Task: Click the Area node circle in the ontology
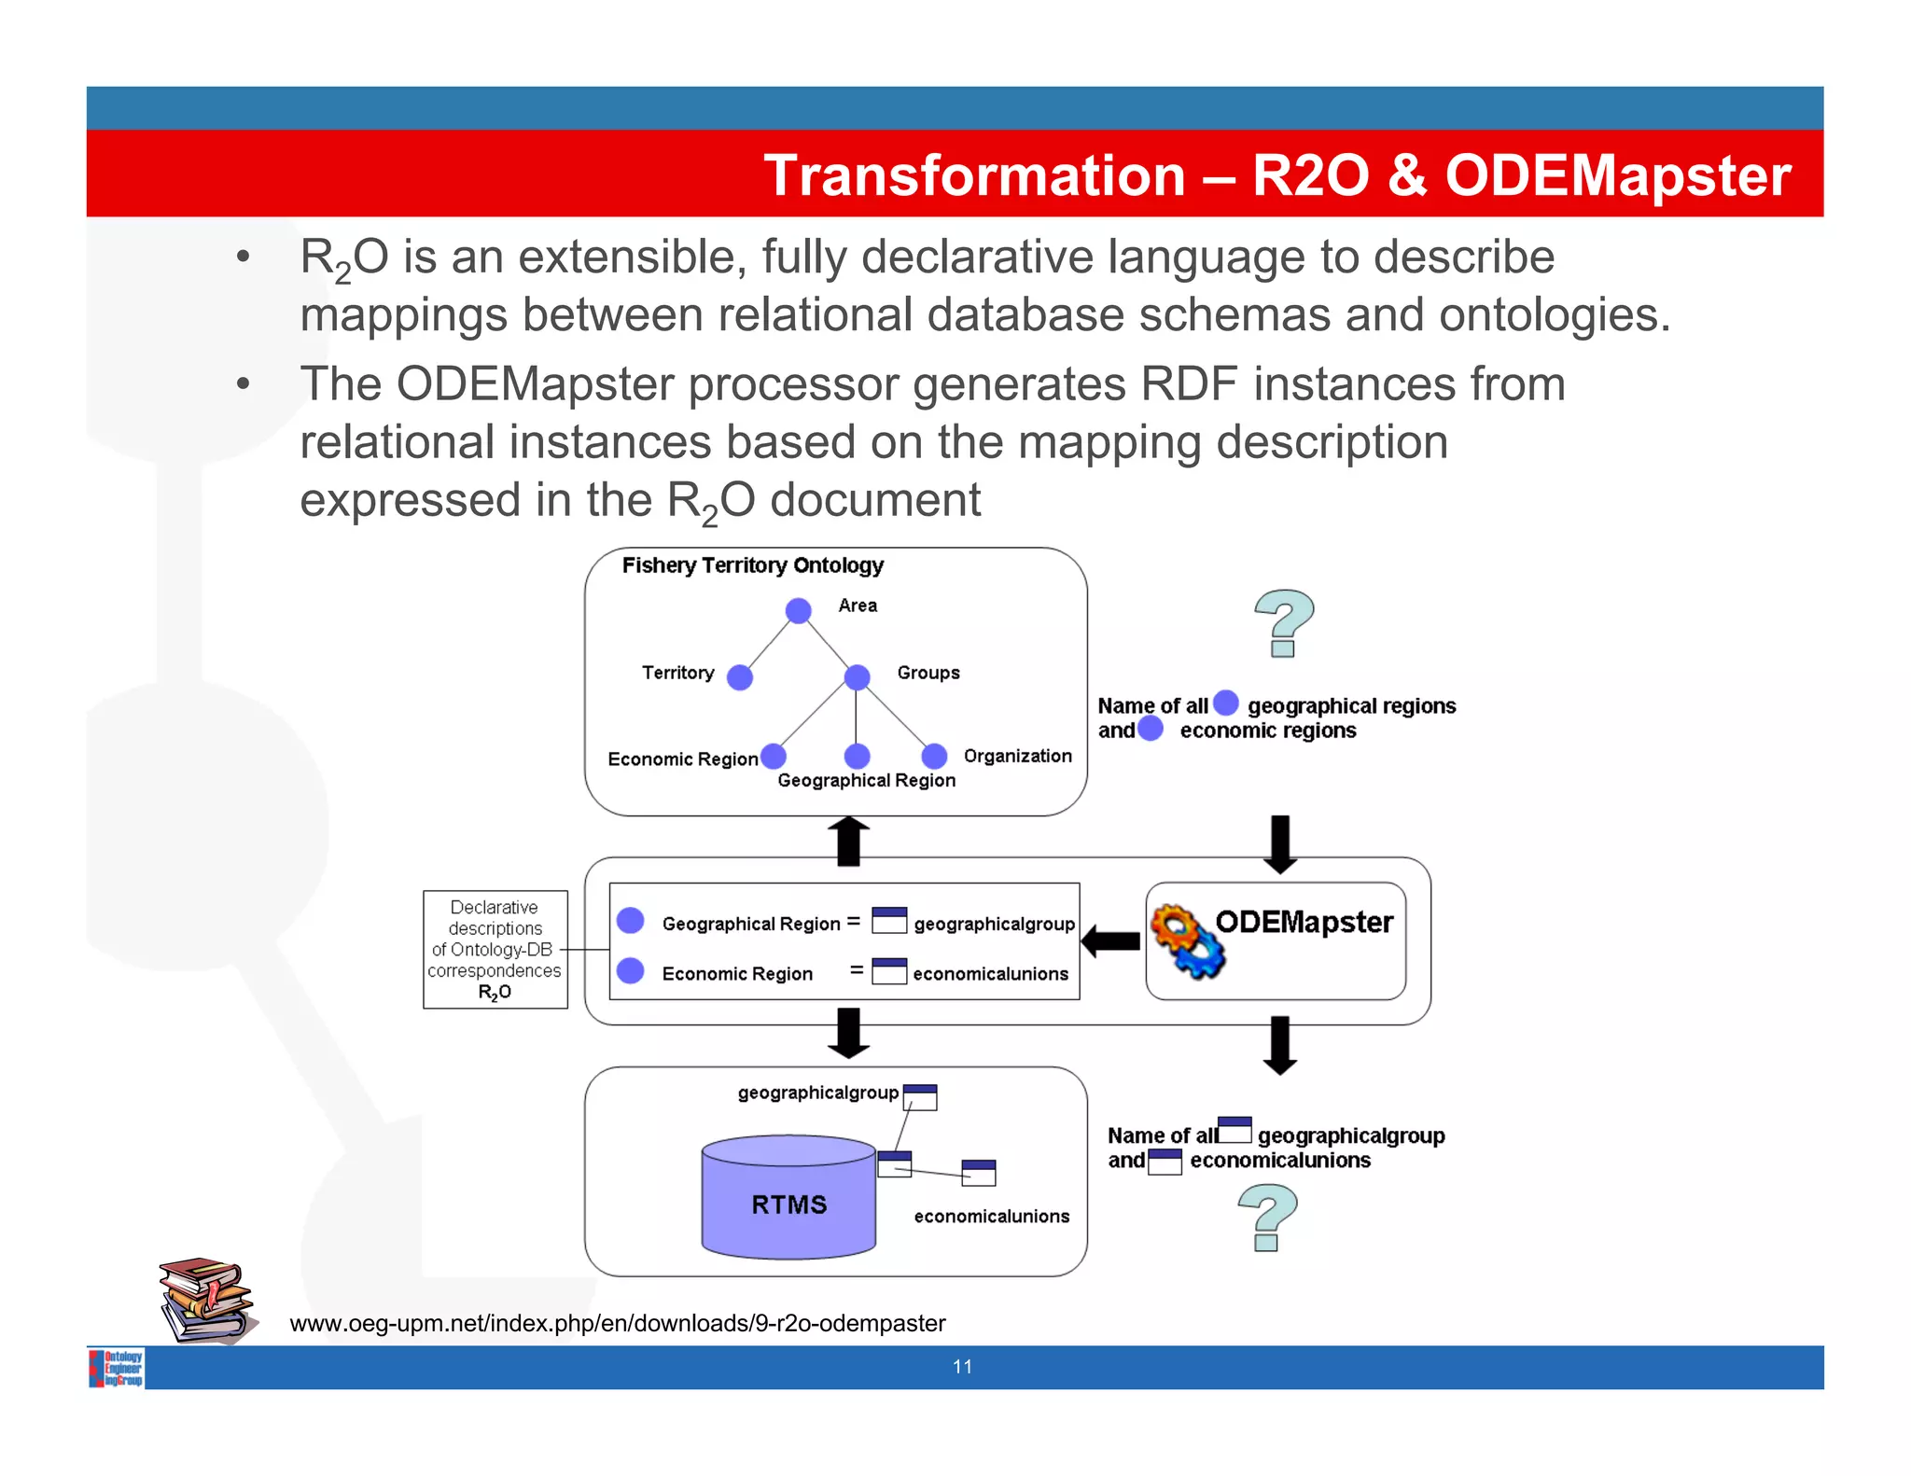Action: [x=798, y=611]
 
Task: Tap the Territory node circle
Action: [x=740, y=677]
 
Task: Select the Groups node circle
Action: [x=857, y=677]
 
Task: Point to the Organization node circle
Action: [x=934, y=756]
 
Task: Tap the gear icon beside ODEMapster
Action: [x=1186, y=941]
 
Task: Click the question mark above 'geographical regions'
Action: [x=1284, y=623]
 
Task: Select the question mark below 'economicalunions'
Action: [x=1268, y=1217]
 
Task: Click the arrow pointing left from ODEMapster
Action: [x=1110, y=941]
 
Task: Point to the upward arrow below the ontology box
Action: [x=848, y=841]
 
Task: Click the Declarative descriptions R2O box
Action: [x=495, y=949]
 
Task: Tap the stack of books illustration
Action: [x=206, y=1300]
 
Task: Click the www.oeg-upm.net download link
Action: [x=617, y=1323]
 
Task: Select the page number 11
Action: [x=962, y=1367]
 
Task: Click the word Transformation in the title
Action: [x=973, y=175]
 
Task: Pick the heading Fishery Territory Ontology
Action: [x=752, y=565]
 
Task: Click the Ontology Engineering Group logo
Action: [x=117, y=1368]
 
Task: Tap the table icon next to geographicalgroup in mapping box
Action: [x=888, y=920]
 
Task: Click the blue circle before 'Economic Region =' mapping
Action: [x=631, y=970]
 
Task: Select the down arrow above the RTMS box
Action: [x=848, y=1033]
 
